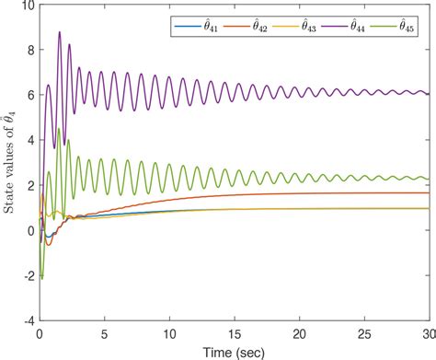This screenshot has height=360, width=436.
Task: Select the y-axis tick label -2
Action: pyautogui.click(x=28, y=274)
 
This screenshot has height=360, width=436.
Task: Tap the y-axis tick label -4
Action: pyautogui.click(x=28, y=319)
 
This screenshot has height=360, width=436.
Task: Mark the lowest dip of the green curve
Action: pyautogui.click(x=42, y=277)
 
